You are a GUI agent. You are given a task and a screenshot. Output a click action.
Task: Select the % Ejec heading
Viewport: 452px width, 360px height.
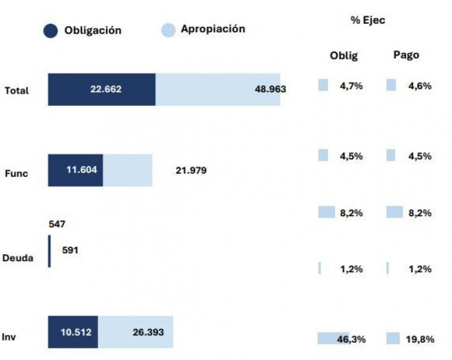point(367,20)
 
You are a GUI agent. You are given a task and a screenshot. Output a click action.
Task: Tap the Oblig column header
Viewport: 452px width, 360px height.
point(344,55)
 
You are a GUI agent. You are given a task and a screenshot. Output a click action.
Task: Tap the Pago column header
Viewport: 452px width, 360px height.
point(406,55)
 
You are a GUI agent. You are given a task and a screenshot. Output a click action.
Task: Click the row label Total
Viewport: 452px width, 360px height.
point(17,91)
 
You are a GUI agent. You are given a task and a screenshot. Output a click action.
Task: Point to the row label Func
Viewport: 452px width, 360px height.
point(16,174)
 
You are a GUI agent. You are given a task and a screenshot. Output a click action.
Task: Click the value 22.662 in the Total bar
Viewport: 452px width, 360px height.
point(106,89)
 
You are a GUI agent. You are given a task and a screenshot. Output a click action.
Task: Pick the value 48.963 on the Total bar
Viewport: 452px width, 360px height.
point(271,89)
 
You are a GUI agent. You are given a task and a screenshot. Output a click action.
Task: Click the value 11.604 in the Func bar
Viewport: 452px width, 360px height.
point(82,170)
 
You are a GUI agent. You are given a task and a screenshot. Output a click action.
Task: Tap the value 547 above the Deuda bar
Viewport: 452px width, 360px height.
point(57,224)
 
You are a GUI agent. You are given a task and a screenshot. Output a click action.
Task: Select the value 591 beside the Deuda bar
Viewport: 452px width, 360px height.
point(70,250)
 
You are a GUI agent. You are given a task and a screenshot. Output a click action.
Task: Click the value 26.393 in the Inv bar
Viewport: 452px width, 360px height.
point(148,332)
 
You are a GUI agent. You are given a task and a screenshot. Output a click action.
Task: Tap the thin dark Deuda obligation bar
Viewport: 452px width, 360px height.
point(49,251)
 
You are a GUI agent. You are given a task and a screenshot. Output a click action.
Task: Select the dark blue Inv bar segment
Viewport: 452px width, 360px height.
point(73,332)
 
